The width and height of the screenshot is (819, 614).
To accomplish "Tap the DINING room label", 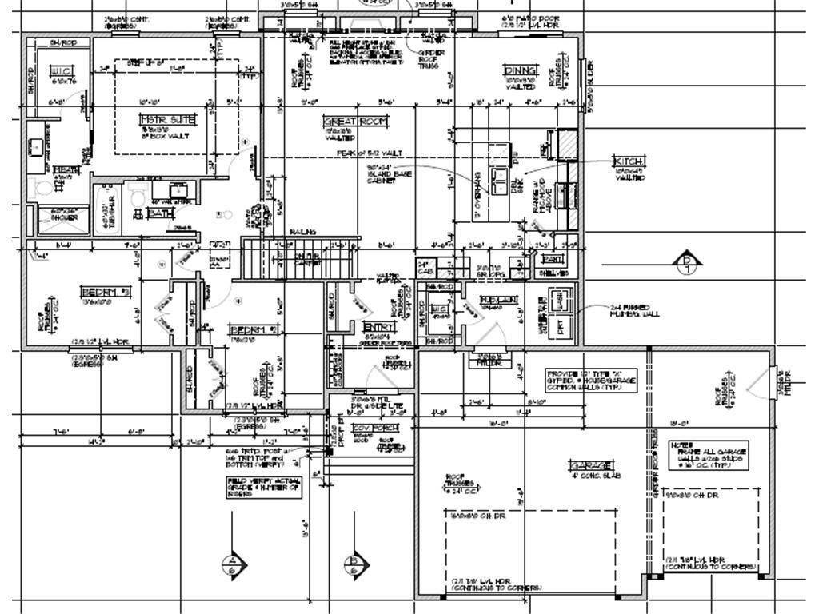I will click(x=520, y=70).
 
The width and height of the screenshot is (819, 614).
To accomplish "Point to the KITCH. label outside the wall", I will click(x=629, y=161).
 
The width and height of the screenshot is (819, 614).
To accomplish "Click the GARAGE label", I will click(x=592, y=465).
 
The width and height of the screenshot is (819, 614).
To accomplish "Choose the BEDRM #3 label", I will click(x=105, y=292).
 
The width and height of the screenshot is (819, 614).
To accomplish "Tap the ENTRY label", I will click(x=378, y=327).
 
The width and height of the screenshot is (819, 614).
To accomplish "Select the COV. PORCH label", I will click(x=375, y=428).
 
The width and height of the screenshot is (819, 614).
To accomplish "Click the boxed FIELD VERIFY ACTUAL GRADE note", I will click(x=264, y=487).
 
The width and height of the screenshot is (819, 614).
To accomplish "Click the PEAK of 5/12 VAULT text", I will click(x=369, y=153).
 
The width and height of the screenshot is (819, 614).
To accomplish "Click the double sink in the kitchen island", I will click(x=497, y=177).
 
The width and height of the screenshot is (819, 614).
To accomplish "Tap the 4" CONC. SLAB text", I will click(x=597, y=476).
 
